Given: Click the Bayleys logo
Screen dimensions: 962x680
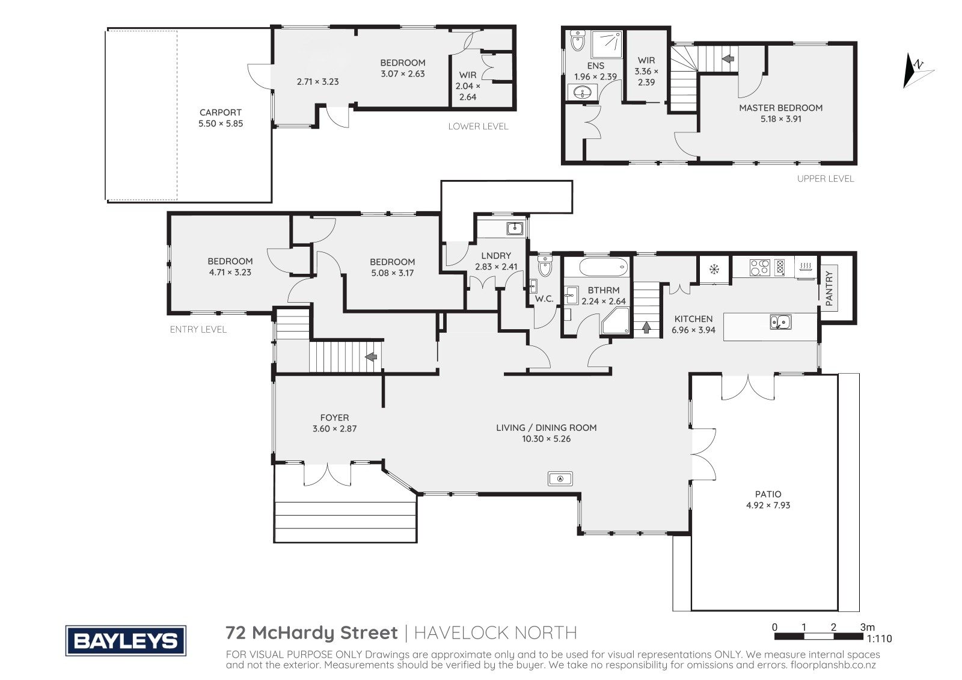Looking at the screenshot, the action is click(x=126, y=640).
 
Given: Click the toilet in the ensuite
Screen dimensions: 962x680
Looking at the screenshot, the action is click(x=578, y=41).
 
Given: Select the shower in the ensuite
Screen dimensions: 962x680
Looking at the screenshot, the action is click(x=607, y=45).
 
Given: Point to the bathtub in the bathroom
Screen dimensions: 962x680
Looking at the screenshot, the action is click(x=603, y=267).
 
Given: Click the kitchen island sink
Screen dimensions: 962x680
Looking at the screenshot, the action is click(x=780, y=321).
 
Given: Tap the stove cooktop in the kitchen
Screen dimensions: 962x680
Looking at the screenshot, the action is click(x=759, y=267).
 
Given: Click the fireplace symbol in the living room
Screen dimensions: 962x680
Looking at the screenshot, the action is click(x=560, y=478).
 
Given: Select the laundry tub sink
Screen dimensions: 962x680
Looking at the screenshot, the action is click(x=515, y=228).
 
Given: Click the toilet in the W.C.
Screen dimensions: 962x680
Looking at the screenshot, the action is click(x=545, y=266).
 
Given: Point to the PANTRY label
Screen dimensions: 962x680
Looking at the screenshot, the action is click(x=829, y=288).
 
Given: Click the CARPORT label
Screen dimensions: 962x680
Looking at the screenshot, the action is click(x=220, y=112).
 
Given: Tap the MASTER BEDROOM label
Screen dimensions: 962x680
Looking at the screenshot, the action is click(x=780, y=108).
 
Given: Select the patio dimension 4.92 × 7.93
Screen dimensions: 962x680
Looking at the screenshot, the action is click(x=768, y=505).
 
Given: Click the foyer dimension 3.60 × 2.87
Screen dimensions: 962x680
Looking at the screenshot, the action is click(x=334, y=428).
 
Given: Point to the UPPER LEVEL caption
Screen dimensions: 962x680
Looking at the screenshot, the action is click(x=826, y=178).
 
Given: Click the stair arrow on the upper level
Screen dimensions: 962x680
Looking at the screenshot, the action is click(x=728, y=58).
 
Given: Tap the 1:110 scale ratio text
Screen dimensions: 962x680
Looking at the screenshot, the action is click(x=879, y=638).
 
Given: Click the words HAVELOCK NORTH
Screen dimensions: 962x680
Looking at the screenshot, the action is click(x=495, y=632).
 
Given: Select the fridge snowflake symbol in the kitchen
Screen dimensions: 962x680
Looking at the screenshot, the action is click(x=714, y=270).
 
